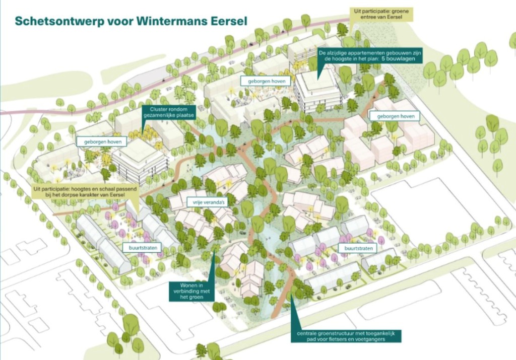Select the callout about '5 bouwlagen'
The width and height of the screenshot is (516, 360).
coord(369,55)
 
